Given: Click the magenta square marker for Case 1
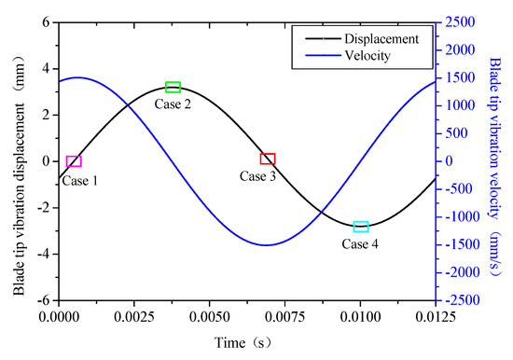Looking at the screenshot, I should tap(74, 161).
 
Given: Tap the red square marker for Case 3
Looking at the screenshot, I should tap(268, 159).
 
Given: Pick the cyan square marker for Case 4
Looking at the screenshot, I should tap(361, 227).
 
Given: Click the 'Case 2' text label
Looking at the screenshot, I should tap(173, 104).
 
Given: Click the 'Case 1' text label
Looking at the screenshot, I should tap(80, 180).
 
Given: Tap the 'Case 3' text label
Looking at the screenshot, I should tap(257, 176).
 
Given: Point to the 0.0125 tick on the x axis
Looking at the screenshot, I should tap(436, 315).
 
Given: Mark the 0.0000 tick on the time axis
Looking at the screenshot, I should tap(59, 315).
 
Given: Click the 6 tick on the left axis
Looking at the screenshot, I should tap(43, 21).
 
